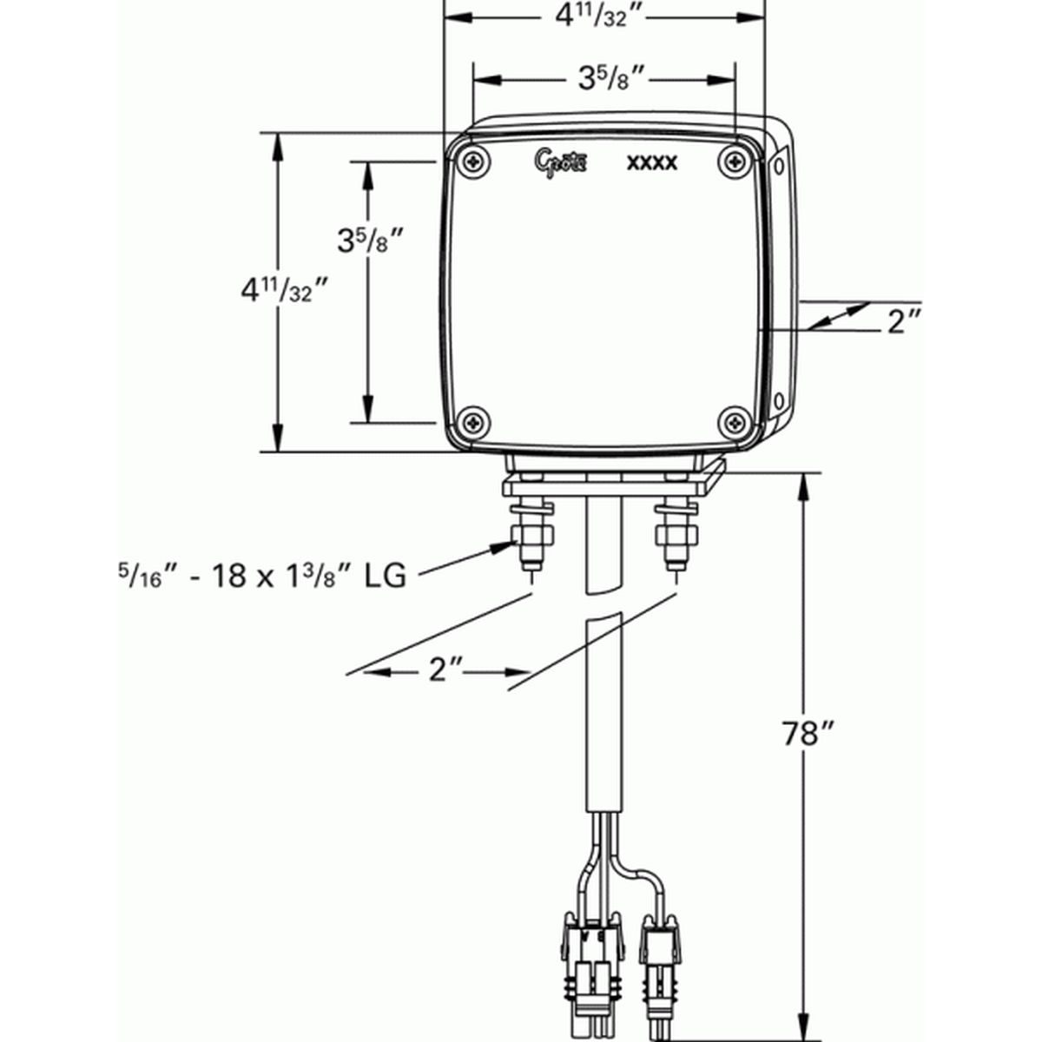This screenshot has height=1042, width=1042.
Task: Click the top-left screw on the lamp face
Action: point(474,162)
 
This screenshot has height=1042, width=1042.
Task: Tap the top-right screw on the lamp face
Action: point(735,161)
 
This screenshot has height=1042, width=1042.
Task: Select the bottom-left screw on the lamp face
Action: point(474,422)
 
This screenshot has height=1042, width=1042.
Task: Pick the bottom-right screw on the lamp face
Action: point(735,423)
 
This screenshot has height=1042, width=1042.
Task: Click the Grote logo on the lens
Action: point(562,161)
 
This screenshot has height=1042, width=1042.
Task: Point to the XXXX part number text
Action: point(652,163)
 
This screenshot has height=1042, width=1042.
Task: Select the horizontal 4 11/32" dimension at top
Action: point(604,15)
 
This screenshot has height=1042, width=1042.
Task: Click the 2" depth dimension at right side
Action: point(903,322)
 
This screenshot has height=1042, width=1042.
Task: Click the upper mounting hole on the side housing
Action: point(778,162)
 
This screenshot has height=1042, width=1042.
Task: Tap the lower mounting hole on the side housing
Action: point(779,400)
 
